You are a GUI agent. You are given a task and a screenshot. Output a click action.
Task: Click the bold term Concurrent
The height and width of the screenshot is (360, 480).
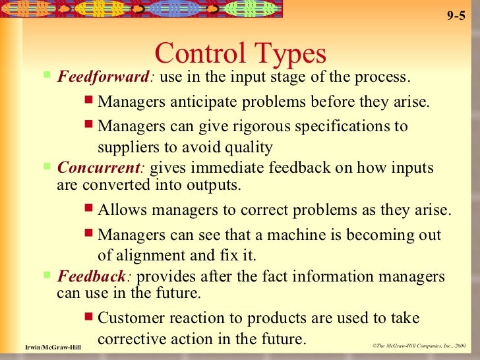[100, 168]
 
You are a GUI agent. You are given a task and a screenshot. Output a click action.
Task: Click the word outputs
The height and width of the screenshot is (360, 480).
[217, 185]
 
